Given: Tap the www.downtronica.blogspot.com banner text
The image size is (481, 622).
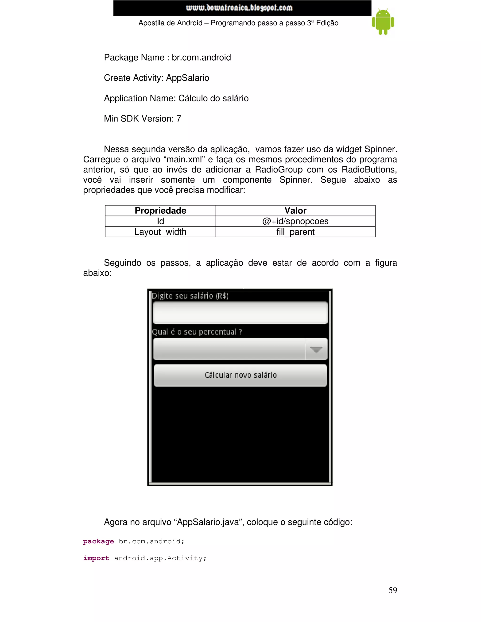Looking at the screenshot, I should tap(239, 8).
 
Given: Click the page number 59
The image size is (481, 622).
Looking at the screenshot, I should tap(392, 590).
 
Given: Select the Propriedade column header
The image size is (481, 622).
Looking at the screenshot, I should tap(160, 211).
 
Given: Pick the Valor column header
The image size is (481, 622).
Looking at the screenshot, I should tap(295, 211).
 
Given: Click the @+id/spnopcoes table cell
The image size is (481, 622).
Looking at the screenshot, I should tap(295, 221).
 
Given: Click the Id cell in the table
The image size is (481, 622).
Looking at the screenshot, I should tap(160, 221).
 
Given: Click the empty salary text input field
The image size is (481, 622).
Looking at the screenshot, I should tap(240, 313).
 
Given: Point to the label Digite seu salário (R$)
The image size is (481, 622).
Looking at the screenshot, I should tap(190, 296).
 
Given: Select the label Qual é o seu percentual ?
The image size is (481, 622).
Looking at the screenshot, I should tap(197, 332).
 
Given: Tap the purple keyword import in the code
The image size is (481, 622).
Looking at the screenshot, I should tap(96, 558).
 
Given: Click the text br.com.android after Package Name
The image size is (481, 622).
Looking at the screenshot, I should tap(201, 58).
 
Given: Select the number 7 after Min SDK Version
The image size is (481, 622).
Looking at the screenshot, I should tap(179, 119).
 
